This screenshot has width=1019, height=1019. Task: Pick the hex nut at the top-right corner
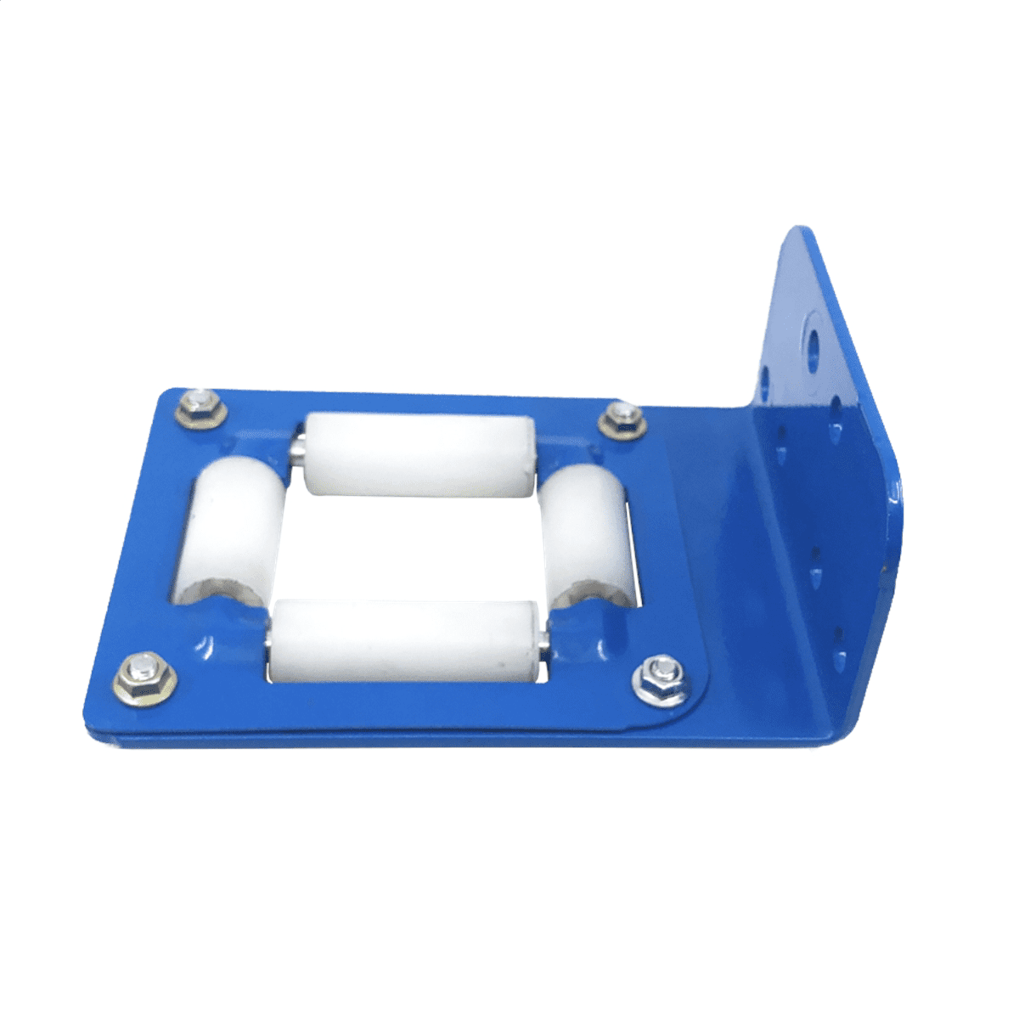tap(622, 419)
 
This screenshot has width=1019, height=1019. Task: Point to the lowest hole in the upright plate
tap(840, 633)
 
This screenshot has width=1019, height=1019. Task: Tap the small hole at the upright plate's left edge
tap(767, 374)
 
